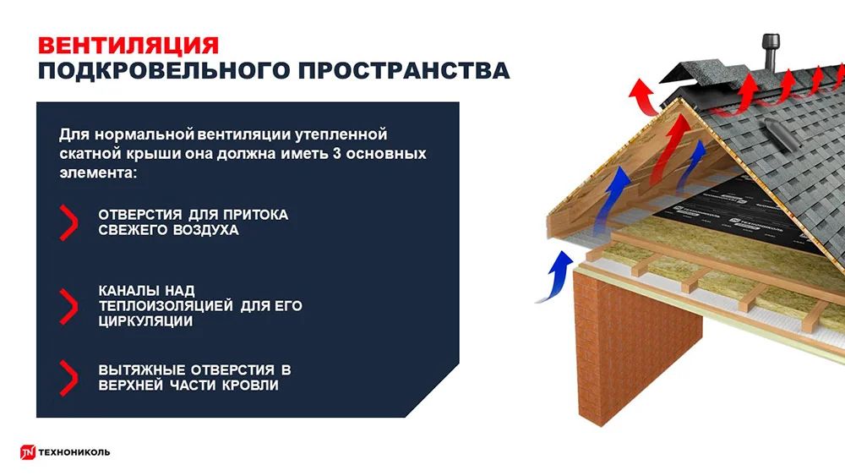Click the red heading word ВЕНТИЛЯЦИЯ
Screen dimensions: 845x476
pos(128,46)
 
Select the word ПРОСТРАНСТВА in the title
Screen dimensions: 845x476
pos(404,71)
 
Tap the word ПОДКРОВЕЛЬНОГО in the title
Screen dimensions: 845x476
pos(164,71)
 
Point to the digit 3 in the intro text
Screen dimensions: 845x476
pos(337,154)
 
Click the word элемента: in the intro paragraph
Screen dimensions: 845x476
pos(98,173)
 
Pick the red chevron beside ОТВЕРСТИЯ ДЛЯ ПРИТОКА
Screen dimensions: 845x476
pos(69,222)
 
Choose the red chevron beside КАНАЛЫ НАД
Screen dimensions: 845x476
pos(69,306)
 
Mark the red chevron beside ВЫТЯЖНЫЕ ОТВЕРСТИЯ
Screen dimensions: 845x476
pos(69,378)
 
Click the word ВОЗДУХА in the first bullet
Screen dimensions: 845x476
pos(206,230)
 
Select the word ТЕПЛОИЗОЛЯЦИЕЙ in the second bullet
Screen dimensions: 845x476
pos(166,306)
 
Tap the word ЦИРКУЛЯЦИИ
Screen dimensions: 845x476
pos(145,321)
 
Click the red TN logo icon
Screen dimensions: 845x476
pos(28,452)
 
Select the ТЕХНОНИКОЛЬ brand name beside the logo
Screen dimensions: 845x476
pos(74,452)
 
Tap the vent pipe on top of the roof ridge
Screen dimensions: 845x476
pos(771,52)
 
